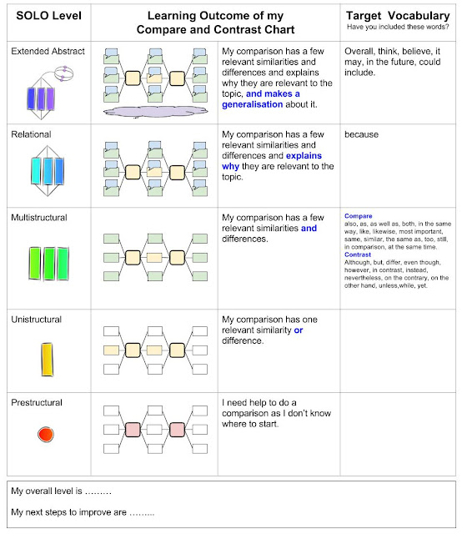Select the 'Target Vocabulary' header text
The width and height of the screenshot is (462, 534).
(x=398, y=16)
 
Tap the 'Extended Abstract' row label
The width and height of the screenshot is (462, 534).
(x=48, y=51)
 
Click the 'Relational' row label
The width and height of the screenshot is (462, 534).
(x=31, y=134)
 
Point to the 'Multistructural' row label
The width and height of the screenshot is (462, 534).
(x=39, y=218)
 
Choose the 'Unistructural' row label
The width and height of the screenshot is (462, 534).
(x=36, y=320)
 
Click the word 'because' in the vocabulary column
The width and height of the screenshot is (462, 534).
(x=361, y=134)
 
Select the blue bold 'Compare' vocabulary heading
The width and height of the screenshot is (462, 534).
(x=358, y=216)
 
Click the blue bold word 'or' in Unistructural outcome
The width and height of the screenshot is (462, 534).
(x=299, y=330)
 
